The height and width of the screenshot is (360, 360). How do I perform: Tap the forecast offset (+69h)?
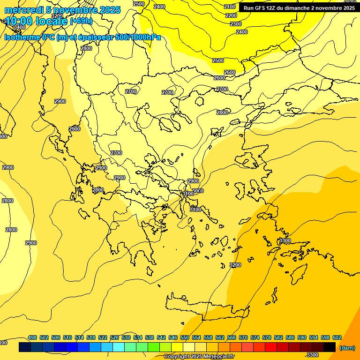click(81, 21)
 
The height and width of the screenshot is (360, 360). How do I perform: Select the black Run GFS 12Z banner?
click(299, 7)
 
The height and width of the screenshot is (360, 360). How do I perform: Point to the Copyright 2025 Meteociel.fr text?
click(199, 357)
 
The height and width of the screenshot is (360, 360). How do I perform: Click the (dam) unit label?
click(347, 348)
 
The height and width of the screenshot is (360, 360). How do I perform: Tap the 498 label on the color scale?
click(32, 337)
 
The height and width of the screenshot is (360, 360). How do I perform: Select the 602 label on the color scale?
click(337, 337)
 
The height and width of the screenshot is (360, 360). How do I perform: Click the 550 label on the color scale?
click(185, 337)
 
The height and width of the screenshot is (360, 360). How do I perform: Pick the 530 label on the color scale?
click(126, 337)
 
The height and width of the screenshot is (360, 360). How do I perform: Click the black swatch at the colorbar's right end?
click(330, 347)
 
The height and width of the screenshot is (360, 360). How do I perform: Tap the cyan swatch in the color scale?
click(119, 347)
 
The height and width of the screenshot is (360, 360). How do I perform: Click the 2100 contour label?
click(230, 7)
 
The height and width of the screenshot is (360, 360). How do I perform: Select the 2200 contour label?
click(231, 15)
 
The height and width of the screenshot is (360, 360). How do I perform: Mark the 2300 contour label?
click(236, 24)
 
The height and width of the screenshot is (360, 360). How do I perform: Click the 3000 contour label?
click(198, 191)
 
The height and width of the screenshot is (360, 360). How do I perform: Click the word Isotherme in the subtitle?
click(22, 37)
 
